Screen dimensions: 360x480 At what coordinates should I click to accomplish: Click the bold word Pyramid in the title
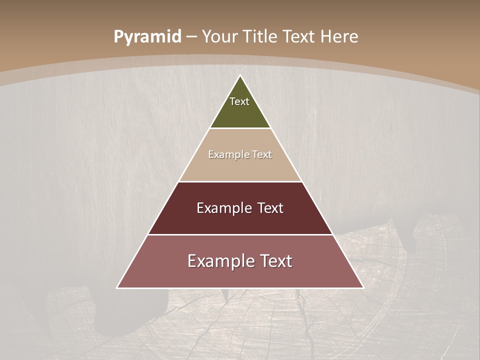tap(147, 37)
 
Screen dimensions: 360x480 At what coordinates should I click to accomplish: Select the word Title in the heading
tap(260, 37)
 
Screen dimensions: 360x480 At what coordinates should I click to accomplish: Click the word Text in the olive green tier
tap(239, 101)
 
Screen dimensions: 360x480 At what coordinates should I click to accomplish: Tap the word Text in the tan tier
tap(262, 155)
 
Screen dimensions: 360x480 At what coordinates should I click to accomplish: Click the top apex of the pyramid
tap(240, 76)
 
